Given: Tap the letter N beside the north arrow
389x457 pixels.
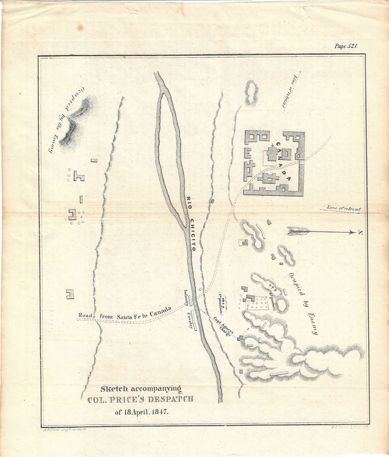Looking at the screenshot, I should coord(360,232).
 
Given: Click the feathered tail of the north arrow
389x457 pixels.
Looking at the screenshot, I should coord(298,231).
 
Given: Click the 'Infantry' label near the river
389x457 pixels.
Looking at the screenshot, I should coord(186,296).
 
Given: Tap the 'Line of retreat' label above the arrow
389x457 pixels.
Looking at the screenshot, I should coord(343,209).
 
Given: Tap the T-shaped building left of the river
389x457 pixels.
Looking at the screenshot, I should coord(78,177).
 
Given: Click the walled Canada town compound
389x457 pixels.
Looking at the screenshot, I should coord(274,163).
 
